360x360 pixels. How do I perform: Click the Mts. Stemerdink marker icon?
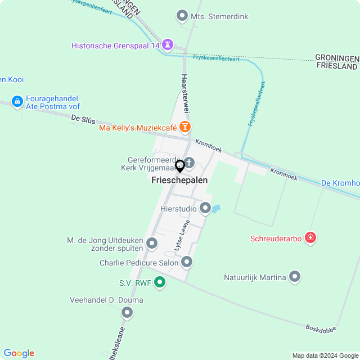click(182, 16)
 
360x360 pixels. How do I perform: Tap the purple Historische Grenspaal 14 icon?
click(168, 44)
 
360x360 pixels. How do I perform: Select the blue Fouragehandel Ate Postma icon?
click(17, 101)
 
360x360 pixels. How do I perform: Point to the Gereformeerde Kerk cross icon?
click(189, 163)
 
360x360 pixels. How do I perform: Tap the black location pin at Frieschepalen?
click(180, 166)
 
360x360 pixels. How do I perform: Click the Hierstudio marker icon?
click(205, 208)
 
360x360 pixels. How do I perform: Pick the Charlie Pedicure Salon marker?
click(187, 262)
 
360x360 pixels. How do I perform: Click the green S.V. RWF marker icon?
click(160, 282)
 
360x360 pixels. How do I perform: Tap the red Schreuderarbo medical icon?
click(310, 238)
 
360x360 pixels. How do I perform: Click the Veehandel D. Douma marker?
click(127, 312)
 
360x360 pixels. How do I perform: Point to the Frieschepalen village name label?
click(179, 180)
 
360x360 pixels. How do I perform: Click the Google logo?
click(19, 353)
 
